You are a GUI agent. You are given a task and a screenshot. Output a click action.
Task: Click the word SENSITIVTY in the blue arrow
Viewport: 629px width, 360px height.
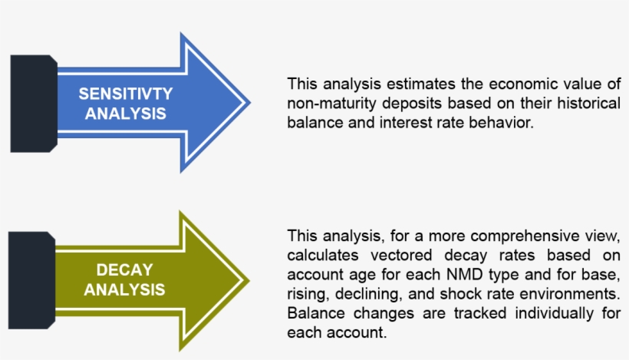tap(126, 94)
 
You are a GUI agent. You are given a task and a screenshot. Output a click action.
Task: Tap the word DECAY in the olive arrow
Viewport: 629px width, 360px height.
tap(125, 269)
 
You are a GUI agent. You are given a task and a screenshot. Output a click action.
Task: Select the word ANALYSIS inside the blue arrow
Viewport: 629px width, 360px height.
tap(126, 114)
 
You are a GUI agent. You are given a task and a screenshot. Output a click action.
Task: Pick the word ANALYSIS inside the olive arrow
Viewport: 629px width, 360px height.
tap(124, 289)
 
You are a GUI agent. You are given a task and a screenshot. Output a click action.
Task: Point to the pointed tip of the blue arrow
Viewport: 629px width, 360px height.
tap(251, 102)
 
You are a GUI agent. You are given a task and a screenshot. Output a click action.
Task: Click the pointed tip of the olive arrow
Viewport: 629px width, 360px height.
tap(249, 280)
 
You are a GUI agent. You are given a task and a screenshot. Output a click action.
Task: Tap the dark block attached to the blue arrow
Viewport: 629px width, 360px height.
tap(34, 104)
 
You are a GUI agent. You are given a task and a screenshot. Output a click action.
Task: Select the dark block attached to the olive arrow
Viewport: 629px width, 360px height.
tap(31, 280)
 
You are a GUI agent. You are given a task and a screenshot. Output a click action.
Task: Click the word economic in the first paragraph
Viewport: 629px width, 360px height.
tap(523, 84)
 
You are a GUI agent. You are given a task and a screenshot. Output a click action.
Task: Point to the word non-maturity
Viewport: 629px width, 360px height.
tap(331, 104)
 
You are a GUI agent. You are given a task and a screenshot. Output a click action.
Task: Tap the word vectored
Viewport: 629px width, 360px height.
tap(401, 255)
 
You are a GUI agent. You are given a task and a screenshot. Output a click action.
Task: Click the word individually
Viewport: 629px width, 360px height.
tap(554, 313)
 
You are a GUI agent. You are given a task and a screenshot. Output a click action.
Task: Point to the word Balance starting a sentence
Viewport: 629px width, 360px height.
tap(316, 313)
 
